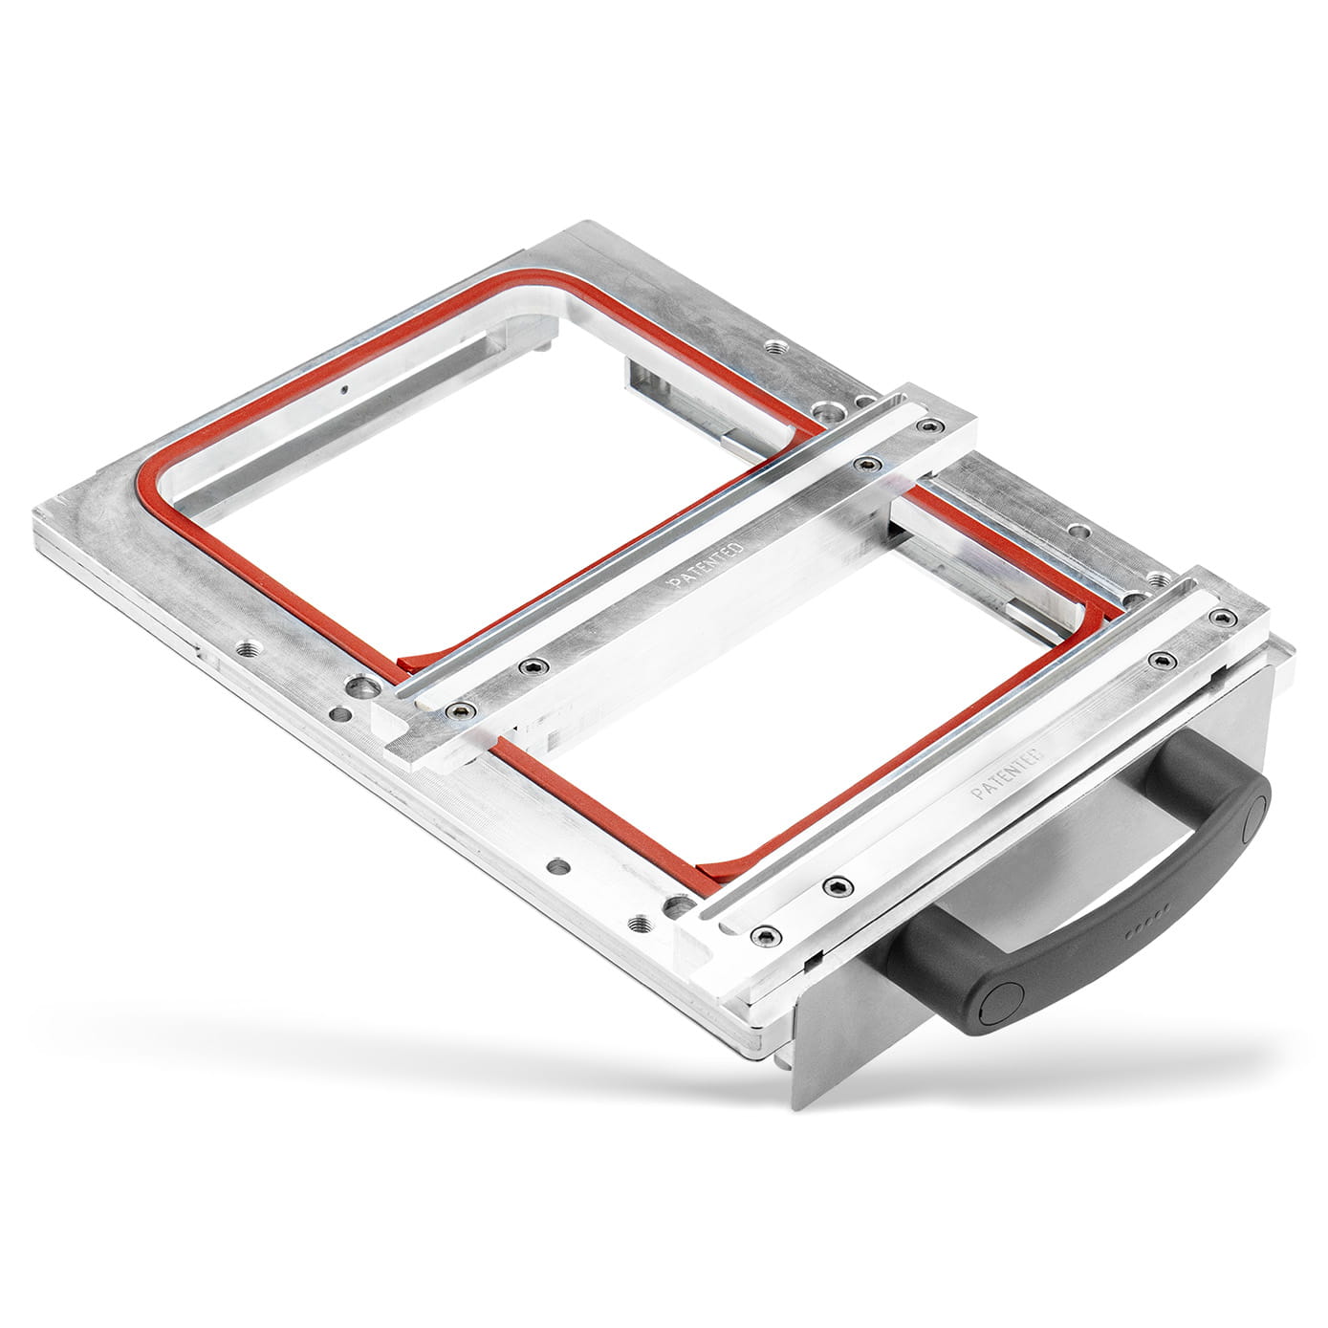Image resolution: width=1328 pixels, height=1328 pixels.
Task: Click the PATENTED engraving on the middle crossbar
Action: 705,565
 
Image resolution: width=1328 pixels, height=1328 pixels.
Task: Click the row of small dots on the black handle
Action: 1148,914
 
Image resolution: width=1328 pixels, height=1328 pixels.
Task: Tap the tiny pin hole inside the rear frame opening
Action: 343,389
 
